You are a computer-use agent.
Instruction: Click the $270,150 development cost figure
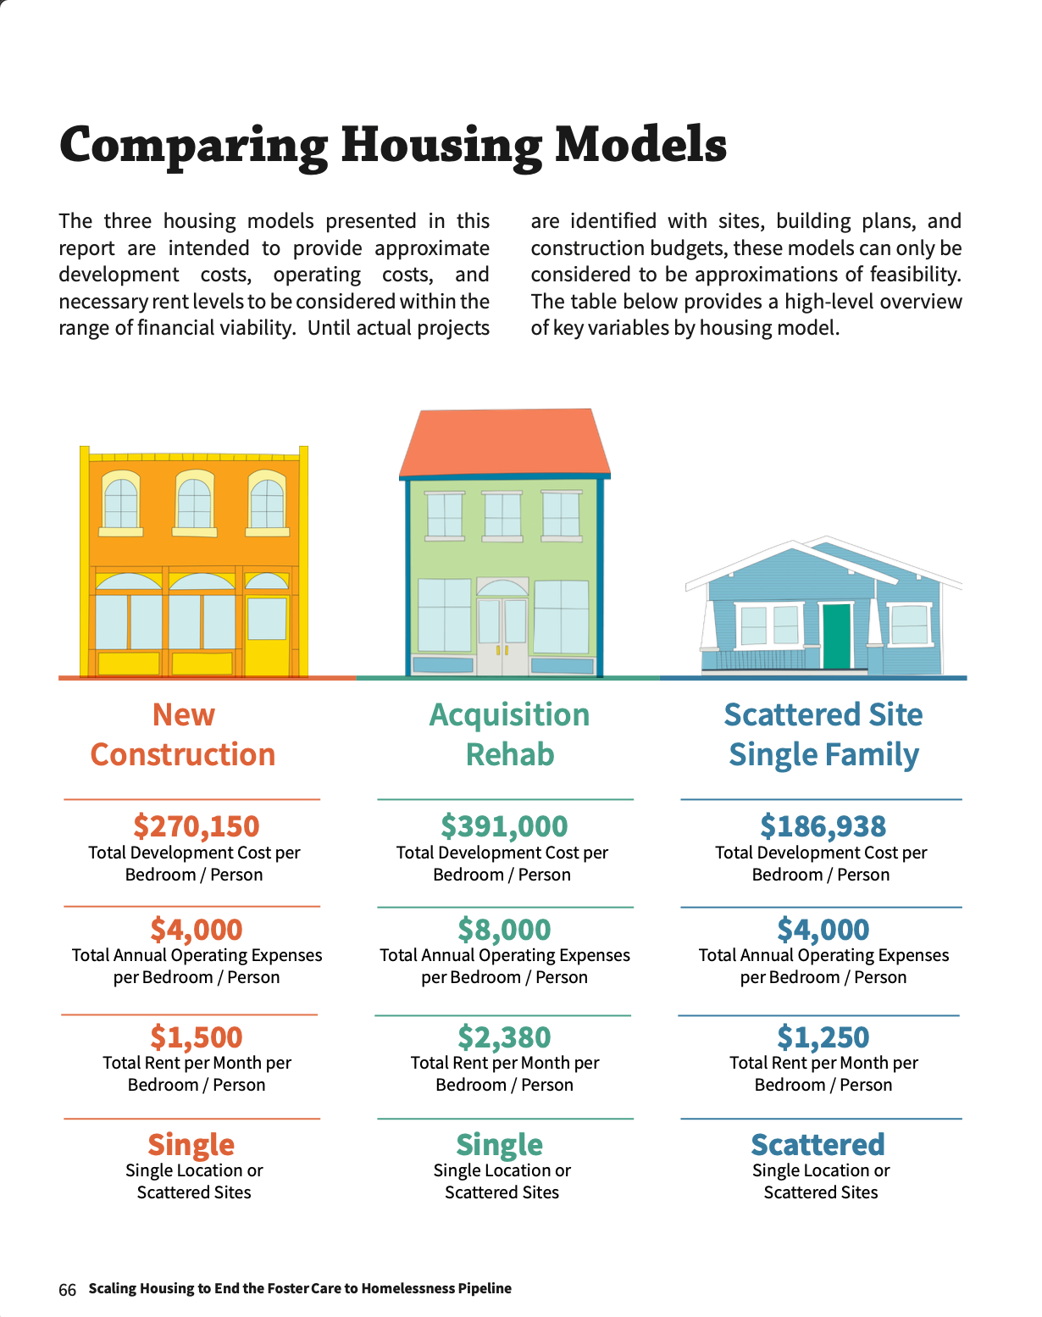(197, 826)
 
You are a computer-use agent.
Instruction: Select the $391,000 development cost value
(504, 826)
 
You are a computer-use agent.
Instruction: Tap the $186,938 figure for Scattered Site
(823, 826)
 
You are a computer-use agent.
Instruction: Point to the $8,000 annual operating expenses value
(504, 929)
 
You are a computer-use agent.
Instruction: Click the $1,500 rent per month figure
(197, 1036)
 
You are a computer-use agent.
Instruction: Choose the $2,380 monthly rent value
(504, 1036)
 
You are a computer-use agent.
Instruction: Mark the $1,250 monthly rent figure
(823, 1036)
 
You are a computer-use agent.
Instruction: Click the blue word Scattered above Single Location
(818, 1144)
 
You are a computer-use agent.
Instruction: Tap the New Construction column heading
(183, 735)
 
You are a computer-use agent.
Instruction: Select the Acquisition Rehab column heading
(509, 735)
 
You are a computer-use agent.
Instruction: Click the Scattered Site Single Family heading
(823, 735)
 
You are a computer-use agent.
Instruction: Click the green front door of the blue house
(836, 636)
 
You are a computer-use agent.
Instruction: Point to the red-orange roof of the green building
(504, 442)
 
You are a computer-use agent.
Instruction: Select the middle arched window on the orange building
(194, 502)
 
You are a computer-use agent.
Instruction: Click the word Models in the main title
(640, 144)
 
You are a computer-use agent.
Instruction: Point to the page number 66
(67, 1290)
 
